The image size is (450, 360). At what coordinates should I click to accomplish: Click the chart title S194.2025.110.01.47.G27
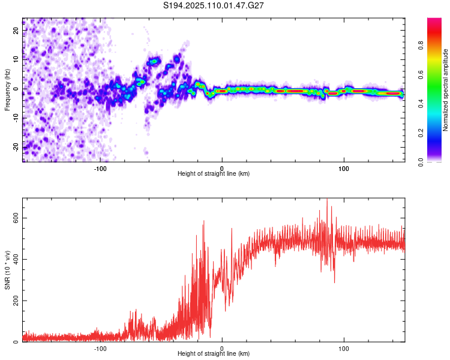click(x=213, y=5)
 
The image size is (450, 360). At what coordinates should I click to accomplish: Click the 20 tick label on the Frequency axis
click(x=16, y=31)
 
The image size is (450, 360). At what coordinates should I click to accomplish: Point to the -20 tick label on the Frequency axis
click(x=16, y=147)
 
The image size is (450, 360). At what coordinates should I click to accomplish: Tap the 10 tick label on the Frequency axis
click(x=16, y=59)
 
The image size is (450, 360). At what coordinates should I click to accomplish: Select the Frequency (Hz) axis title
click(x=7, y=90)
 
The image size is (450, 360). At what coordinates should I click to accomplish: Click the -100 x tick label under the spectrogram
click(x=100, y=169)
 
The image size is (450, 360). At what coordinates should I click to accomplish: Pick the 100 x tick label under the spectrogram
click(x=344, y=169)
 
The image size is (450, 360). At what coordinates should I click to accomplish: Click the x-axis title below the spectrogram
click(x=214, y=173)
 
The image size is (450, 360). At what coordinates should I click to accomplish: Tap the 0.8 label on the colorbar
click(x=421, y=46)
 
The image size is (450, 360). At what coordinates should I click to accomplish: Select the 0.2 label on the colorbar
click(x=421, y=133)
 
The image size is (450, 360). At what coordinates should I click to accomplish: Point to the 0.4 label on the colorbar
click(x=421, y=104)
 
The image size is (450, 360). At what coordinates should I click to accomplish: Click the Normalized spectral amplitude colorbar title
click(x=445, y=90)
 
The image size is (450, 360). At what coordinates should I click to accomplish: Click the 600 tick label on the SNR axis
click(x=16, y=218)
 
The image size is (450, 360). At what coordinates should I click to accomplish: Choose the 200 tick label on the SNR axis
click(x=16, y=301)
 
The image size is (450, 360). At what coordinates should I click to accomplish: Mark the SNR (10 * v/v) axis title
click(x=7, y=270)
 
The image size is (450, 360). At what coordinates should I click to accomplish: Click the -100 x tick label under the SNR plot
click(x=100, y=349)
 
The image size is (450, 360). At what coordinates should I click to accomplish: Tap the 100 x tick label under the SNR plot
click(x=344, y=349)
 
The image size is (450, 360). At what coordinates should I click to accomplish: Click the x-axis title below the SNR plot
click(x=214, y=353)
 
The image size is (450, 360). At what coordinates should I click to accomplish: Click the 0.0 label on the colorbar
click(x=421, y=162)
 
